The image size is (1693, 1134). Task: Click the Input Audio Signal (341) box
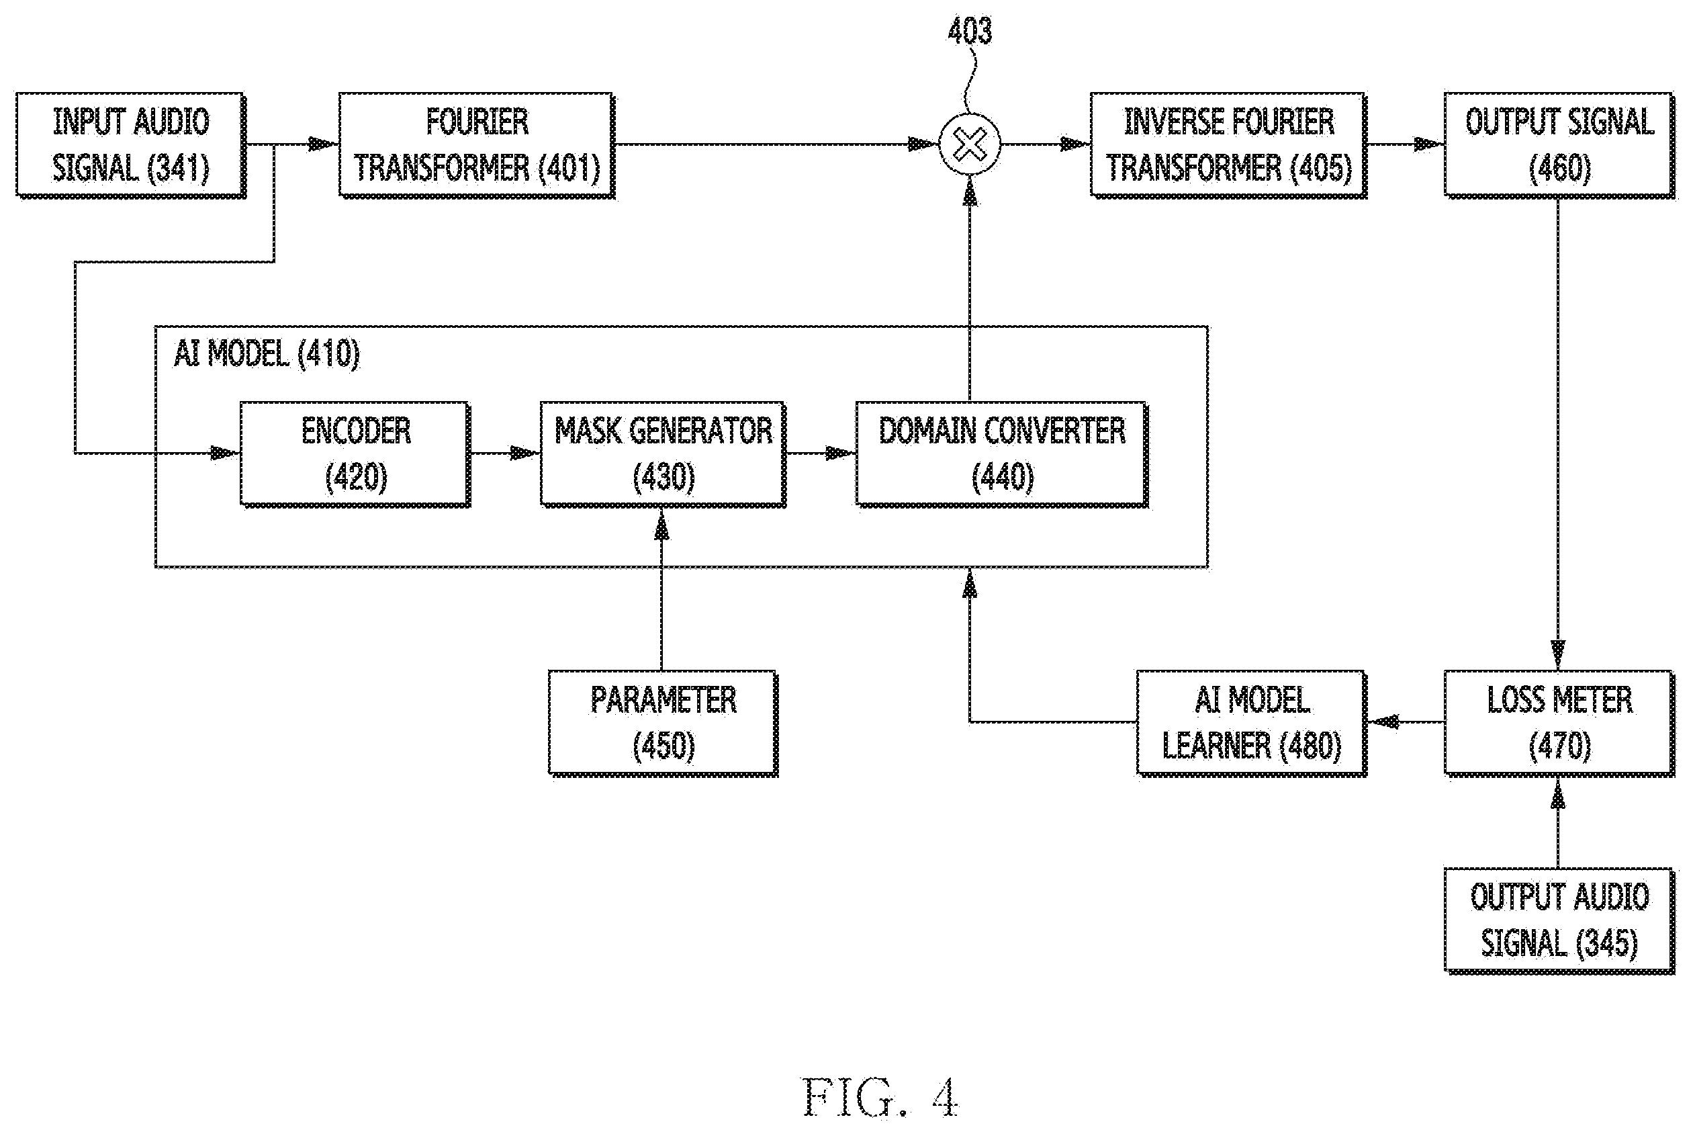point(131,144)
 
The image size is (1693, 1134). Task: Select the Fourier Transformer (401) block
point(477,144)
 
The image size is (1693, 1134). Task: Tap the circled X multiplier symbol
point(969,144)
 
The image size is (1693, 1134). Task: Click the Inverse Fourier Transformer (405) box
point(1229,144)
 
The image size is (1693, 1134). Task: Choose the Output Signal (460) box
point(1559,144)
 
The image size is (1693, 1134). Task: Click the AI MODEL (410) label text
point(267,353)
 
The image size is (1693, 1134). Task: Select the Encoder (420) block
point(356,454)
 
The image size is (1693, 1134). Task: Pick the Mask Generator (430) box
point(663,454)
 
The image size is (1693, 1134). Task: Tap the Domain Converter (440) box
point(1002,454)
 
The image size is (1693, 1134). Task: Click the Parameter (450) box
point(663,724)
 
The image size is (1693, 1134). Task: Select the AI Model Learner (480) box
point(1251,724)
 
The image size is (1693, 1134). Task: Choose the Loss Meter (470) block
point(1559,724)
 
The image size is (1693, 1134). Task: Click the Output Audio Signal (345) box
point(1559,920)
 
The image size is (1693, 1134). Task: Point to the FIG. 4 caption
point(880,1097)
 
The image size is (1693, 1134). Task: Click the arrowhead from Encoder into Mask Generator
point(526,454)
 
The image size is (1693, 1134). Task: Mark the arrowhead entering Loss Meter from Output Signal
point(1558,654)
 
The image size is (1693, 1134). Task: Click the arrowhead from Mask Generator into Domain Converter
point(841,454)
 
